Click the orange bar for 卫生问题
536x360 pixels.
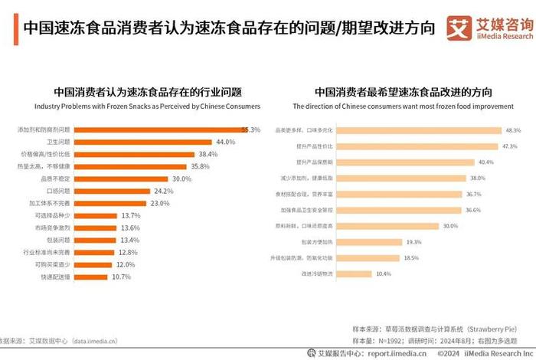click(x=144, y=142)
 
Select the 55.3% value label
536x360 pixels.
click(x=250, y=129)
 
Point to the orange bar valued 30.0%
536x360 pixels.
click(x=122, y=178)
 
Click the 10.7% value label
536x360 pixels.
click(x=122, y=277)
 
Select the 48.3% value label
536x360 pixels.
click(x=512, y=129)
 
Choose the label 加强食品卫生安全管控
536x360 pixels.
click(x=309, y=209)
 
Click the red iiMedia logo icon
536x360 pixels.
click(x=459, y=28)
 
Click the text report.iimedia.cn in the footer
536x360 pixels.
click(x=397, y=353)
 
